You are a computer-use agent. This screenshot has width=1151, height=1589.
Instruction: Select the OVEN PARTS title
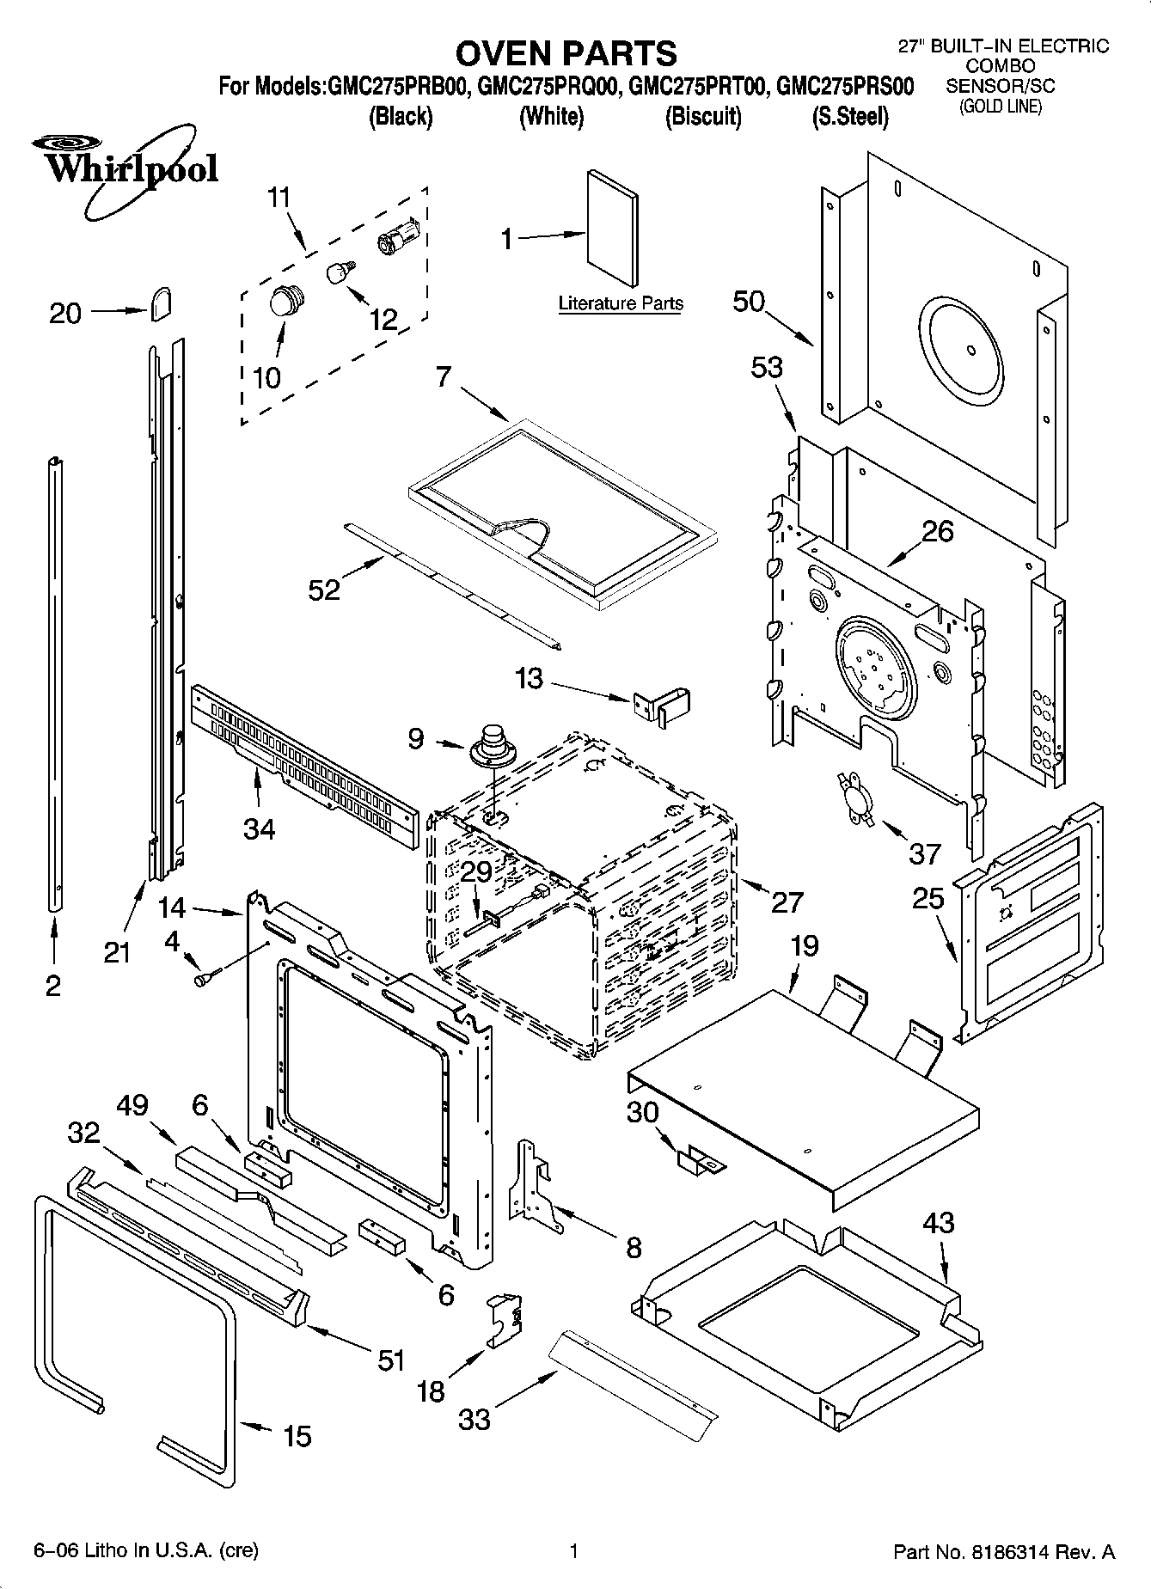click(x=566, y=53)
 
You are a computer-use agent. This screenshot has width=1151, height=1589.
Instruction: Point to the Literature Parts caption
click(x=621, y=303)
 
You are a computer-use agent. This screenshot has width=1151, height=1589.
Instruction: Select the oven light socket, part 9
click(x=492, y=745)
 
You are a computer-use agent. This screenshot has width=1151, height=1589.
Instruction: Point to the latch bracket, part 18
click(x=505, y=1319)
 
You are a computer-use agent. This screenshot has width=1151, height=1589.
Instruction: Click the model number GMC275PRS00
click(x=844, y=87)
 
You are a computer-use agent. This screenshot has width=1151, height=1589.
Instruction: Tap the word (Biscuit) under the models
click(x=703, y=116)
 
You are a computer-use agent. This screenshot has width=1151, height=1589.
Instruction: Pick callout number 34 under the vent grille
click(x=259, y=828)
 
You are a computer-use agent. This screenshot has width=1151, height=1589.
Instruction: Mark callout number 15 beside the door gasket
click(x=297, y=1436)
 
